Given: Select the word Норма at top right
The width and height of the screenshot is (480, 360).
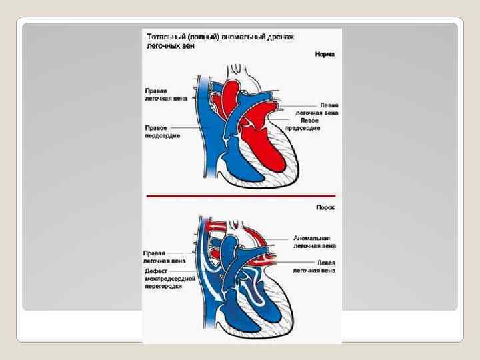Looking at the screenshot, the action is click(x=325, y=53).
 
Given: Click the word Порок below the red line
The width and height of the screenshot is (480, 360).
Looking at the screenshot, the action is click(x=325, y=207).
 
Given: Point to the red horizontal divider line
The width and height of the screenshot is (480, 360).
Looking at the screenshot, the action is click(x=240, y=197).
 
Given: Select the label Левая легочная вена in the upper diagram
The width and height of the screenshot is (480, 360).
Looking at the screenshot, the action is click(x=317, y=109).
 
